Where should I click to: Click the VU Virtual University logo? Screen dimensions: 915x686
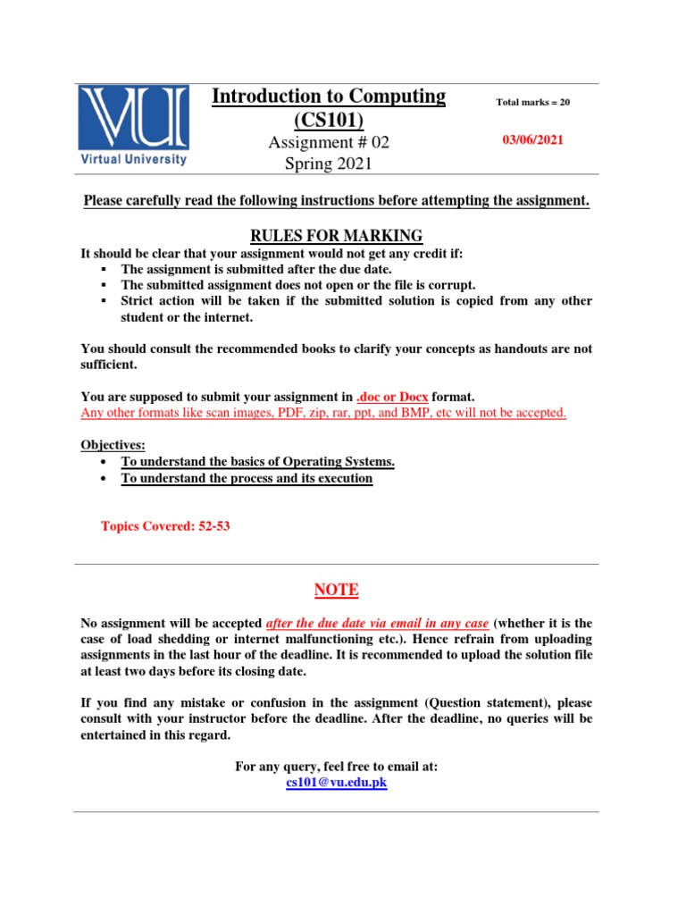coord(133,125)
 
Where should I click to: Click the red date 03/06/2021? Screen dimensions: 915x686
coord(532,140)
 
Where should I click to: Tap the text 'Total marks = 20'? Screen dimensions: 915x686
coord(532,102)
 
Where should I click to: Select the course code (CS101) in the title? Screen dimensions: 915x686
coord(328,120)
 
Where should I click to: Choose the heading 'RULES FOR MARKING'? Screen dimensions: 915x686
coord(336,236)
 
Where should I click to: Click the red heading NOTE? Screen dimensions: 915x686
coord(336,590)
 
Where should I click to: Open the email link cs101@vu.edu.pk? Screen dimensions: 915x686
coord(336,783)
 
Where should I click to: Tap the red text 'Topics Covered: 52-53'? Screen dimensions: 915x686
coord(165,526)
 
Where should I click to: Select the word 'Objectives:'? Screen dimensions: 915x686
coord(113,445)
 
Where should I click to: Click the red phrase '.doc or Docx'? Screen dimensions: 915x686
coord(392,397)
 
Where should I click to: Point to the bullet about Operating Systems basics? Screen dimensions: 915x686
coord(257,461)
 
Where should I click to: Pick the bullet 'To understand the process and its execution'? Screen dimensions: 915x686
coord(247,478)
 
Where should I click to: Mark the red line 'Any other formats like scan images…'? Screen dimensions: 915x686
coord(323,413)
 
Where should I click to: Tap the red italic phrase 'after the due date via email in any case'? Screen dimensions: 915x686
coord(378,623)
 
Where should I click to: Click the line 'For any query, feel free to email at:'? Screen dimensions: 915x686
coord(336,767)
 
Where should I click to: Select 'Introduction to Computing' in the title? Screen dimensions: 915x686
coord(328,97)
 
